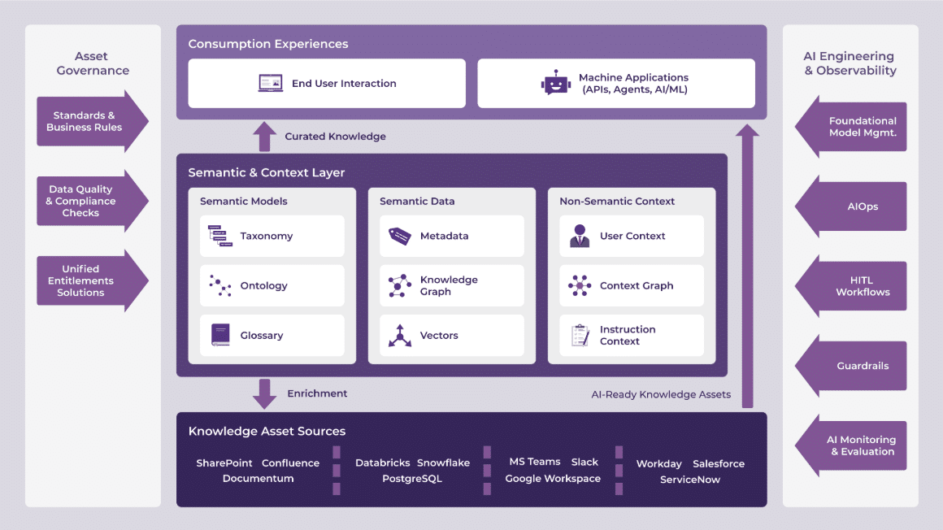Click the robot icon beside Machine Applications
pyautogui.click(x=555, y=83)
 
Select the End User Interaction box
pyautogui.click(x=327, y=83)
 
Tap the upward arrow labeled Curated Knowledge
pyautogui.click(x=264, y=137)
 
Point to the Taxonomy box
pyautogui.click(x=272, y=236)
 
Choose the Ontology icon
pyautogui.click(x=220, y=285)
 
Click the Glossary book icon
pyautogui.click(x=220, y=335)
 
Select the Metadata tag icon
pyautogui.click(x=400, y=236)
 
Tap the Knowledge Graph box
pyautogui.click(x=452, y=285)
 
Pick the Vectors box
pyautogui.click(x=452, y=335)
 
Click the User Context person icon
pyautogui.click(x=580, y=236)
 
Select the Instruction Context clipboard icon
pyautogui.click(x=580, y=335)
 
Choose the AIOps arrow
pyautogui.click(x=852, y=206)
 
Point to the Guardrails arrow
pyautogui.click(x=852, y=366)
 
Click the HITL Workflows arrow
pyautogui.click(x=852, y=286)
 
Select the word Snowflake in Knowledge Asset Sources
pyautogui.click(x=444, y=463)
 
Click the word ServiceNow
pyautogui.click(x=690, y=480)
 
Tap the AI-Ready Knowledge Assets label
pyautogui.click(x=661, y=394)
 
